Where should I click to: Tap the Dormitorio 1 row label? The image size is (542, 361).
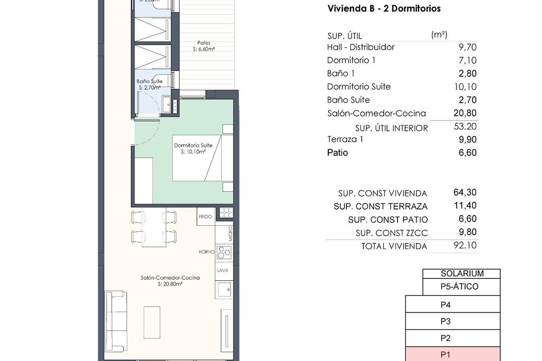[x=351, y=60]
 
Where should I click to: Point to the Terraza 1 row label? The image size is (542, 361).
[x=345, y=139]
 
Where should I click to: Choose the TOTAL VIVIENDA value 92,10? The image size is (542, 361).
[x=465, y=245]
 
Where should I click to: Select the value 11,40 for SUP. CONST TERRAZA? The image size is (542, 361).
[x=465, y=206]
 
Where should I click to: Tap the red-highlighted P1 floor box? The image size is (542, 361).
[x=453, y=355]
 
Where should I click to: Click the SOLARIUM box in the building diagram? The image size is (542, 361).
[x=462, y=273]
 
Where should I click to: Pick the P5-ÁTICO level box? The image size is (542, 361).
[x=462, y=287]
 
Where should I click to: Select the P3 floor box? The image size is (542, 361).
[x=453, y=321]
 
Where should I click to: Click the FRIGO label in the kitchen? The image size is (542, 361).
[x=205, y=217]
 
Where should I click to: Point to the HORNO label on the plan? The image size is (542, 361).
[x=206, y=252]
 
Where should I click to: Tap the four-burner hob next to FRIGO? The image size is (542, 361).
[x=225, y=212]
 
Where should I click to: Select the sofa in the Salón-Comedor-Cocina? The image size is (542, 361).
[x=116, y=318]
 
